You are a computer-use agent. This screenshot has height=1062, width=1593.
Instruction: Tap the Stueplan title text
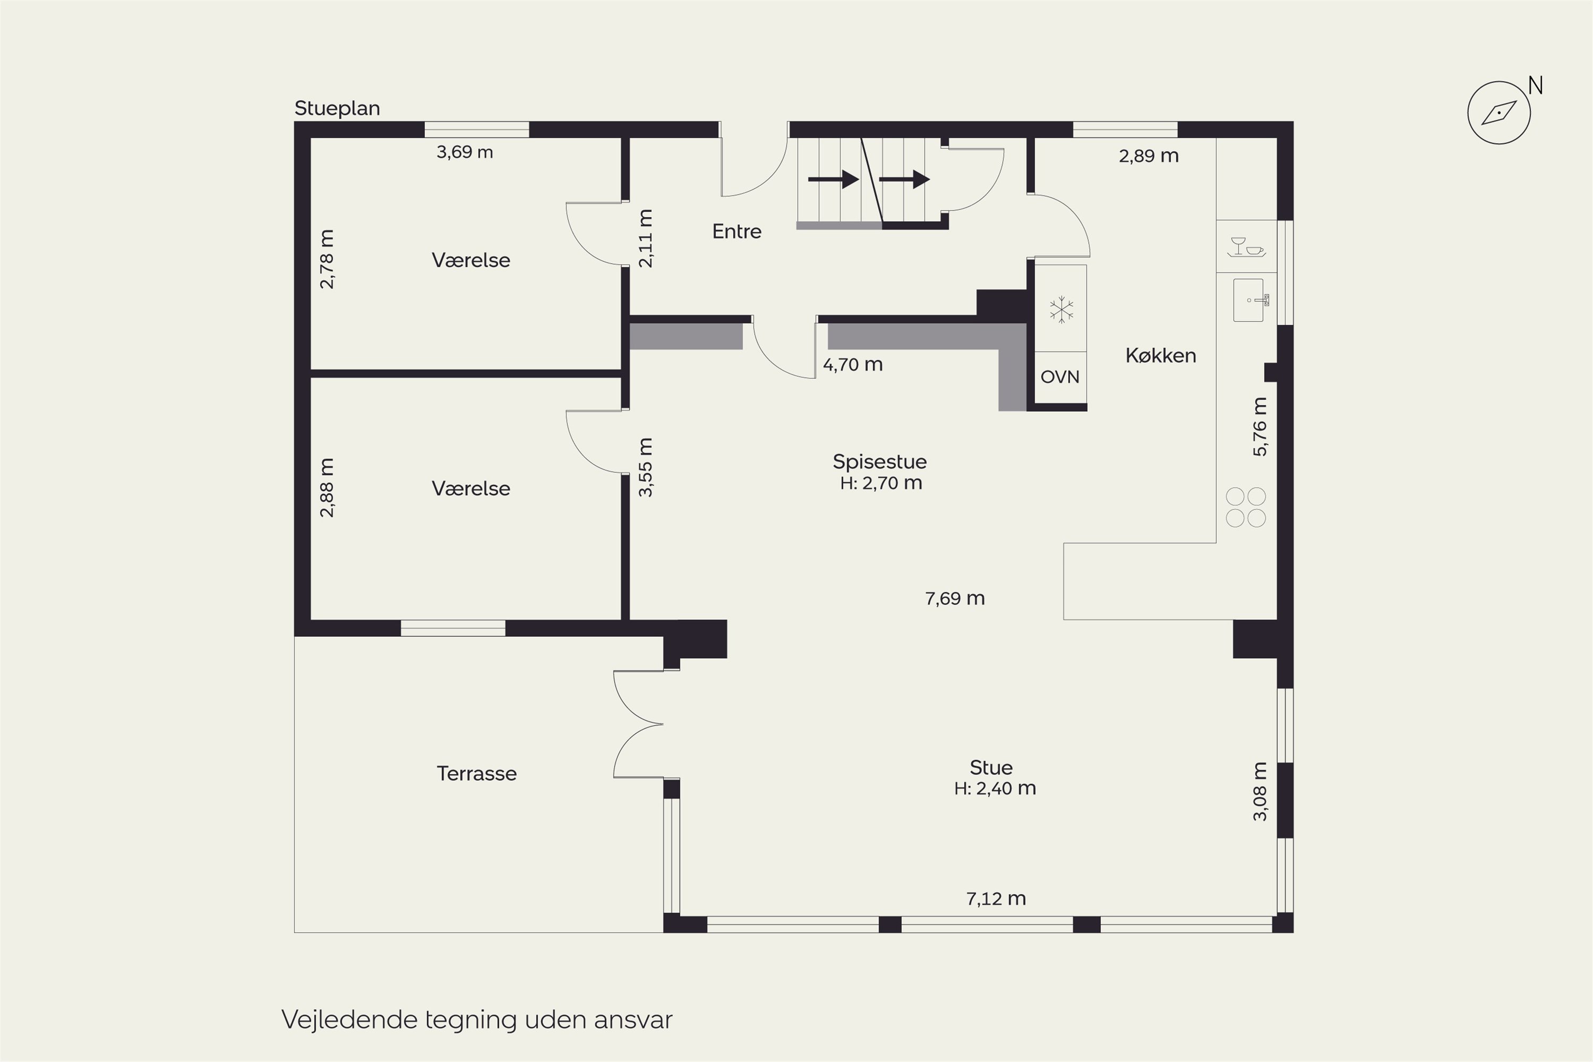pyautogui.click(x=337, y=108)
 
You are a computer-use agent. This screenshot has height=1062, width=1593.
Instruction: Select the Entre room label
pyautogui.click(x=737, y=232)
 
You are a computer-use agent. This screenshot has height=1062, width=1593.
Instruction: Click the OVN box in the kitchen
pyautogui.click(x=1060, y=377)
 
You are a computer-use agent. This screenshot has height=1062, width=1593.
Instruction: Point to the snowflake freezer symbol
pyautogui.click(x=1061, y=310)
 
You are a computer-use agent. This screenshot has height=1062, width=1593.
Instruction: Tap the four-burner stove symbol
pyautogui.click(x=1246, y=507)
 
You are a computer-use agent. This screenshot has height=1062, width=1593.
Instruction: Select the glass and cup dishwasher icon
pyautogui.click(x=1246, y=246)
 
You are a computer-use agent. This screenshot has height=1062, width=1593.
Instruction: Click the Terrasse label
pyautogui.click(x=477, y=774)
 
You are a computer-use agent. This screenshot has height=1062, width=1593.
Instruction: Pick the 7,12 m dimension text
pyautogui.click(x=996, y=899)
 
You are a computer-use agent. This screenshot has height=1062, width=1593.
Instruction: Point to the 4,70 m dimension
pyautogui.click(x=853, y=365)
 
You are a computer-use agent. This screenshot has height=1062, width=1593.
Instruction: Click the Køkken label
pyautogui.click(x=1161, y=356)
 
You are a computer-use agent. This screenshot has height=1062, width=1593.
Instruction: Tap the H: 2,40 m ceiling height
pyautogui.click(x=995, y=789)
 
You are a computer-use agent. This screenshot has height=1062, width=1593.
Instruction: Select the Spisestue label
pyautogui.click(x=880, y=462)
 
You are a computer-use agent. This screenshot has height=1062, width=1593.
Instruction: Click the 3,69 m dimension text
pyautogui.click(x=465, y=152)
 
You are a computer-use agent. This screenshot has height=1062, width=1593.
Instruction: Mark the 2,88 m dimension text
pyautogui.click(x=327, y=487)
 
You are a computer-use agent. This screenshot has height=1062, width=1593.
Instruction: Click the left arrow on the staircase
pyautogui.click(x=833, y=179)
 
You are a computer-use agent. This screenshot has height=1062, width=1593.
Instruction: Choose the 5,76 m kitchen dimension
pyautogui.click(x=1259, y=427)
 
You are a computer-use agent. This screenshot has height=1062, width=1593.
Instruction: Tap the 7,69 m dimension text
pyautogui.click(x=955, y=599)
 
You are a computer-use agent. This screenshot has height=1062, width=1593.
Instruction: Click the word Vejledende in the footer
pyautogui.click(x=349, y=1020)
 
